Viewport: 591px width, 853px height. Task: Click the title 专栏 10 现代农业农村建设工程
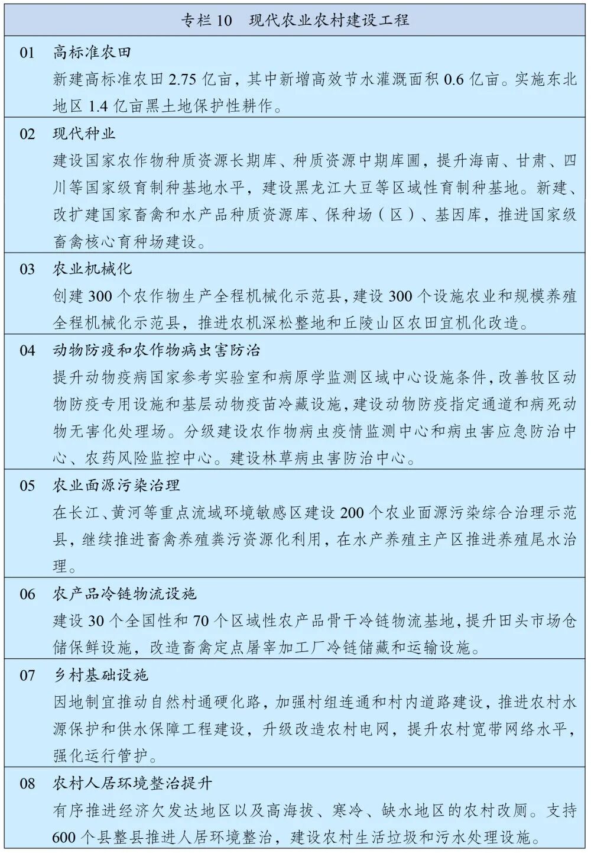[x=295, y=20]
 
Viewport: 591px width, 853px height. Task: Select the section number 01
[x=28, y=53]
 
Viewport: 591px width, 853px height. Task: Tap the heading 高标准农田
[x=92, y=53]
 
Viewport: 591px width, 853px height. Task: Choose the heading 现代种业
[x=84, y=134]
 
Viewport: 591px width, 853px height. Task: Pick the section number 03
[x=28, y=269]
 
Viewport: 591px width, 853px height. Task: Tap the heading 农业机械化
[x=92, y=269]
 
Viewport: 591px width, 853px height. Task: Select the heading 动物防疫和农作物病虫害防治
[x=156, y=350]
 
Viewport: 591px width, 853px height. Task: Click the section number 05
[x=28, y=486]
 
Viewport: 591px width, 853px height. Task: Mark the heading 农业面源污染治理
[x=116, y=486]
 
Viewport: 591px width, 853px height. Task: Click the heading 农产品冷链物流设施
[x=124, y=594]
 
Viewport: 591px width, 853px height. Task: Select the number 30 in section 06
[x=96, y=621]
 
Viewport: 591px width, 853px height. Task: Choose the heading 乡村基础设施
[x=100, y=675]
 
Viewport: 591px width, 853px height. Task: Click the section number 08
[x=28, y=784]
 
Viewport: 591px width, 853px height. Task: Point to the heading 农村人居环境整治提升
[x=132, y=784]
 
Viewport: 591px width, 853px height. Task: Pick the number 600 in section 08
[x=64, y=838]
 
